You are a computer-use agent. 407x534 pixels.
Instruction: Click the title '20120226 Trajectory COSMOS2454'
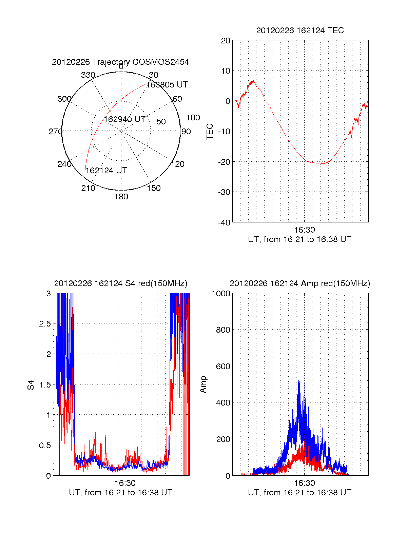tap(120, 62)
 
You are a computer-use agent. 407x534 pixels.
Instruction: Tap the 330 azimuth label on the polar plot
tap(88, 75)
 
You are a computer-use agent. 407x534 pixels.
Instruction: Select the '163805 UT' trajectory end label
tap(167, 85)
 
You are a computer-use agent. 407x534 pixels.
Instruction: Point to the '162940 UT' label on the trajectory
tap(124, 119)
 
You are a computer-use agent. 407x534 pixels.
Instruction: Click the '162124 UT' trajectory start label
tap(106, 171)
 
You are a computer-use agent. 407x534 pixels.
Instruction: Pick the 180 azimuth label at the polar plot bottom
tap(121, 197)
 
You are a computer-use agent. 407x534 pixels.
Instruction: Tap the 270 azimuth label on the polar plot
tap(55, 132)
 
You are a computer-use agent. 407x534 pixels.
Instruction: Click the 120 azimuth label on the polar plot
tap(178, 164)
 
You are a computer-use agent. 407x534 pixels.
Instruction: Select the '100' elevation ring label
tap(193, 118)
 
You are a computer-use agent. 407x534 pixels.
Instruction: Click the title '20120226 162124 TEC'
tap(300, 31)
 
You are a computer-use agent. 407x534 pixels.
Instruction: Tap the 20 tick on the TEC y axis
tap(226, 41)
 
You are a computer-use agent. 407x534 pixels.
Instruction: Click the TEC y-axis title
tap(210, 131)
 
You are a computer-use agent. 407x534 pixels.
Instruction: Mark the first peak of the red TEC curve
tap(253, 81)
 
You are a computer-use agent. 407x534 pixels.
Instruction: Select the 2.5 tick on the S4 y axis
tap(45, 324)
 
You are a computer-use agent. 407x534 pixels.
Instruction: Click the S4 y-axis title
tap(31, 385)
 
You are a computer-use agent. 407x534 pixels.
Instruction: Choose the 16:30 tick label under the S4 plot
tap(125, 483)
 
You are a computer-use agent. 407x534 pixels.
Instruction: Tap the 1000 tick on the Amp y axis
tap(221, 294)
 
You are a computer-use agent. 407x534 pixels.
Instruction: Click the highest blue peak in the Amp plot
tap(298, 373)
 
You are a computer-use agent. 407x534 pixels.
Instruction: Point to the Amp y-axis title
tap(203, 384)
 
